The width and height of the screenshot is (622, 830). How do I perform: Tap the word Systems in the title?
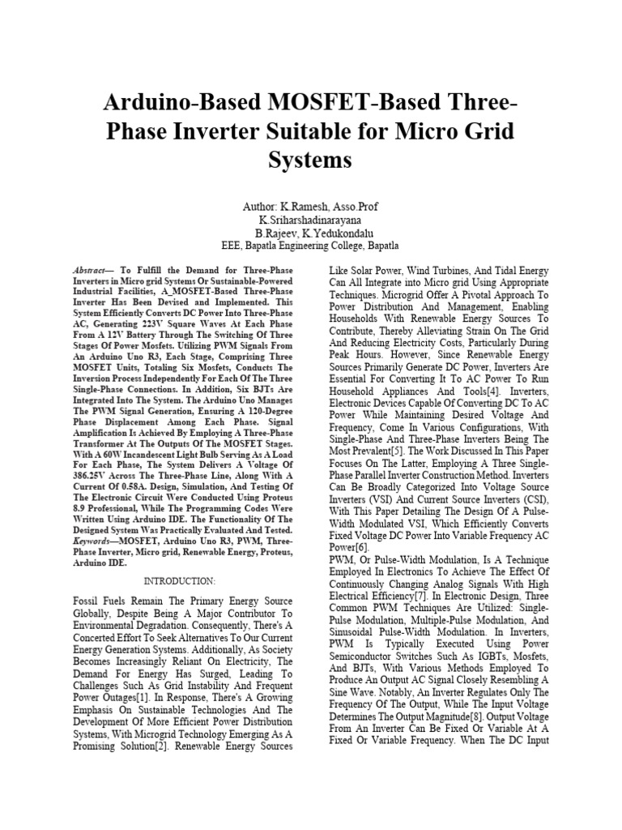310,160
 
